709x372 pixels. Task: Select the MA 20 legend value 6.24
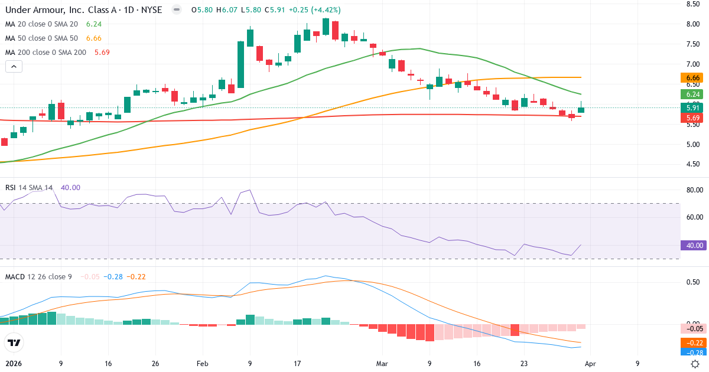pos(93,24)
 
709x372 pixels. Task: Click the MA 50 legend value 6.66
pos(93,38)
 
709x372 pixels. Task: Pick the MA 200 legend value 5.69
pos(102,52)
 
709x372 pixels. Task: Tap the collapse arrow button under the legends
pos(14,67)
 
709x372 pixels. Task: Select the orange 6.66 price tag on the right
pos(694,78)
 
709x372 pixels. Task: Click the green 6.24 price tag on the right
pos(694,94)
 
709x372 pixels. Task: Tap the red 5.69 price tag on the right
pos(694,118)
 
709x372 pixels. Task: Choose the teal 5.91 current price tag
pos(694,107)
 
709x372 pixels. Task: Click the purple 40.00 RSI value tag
pos(694,246)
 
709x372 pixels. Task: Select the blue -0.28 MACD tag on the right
pos(694,353)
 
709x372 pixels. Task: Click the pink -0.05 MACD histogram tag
pos(694,328)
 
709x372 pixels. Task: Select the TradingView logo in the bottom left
pos(14,342)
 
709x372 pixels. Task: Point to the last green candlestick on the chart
pos(581,110)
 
